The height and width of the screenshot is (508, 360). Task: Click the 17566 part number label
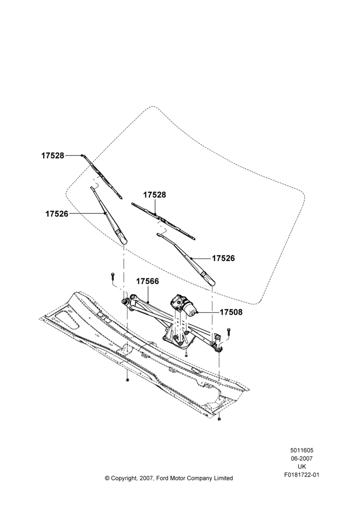click(147, 281)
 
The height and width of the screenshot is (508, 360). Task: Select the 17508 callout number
click(231, 312)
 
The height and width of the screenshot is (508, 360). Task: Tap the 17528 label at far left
click(52, 155)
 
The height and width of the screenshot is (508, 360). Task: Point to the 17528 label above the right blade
click(155, 195)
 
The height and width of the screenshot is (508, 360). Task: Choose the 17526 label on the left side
click(57, 214)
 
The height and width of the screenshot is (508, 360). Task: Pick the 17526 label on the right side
click(223, 258)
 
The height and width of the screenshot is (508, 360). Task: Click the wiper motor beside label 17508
click(183, 304)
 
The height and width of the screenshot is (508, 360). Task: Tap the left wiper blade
click(102, 177)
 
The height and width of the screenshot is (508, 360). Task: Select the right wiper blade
click(163, 221)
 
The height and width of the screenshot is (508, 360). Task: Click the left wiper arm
click(109, 215)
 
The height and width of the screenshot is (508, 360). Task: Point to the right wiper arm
click(186, 259)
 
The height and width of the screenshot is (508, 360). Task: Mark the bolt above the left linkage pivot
click(112, 276)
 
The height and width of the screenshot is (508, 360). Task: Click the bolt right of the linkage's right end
click(229, 331)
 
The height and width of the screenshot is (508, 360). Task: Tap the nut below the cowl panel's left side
click(128, 379)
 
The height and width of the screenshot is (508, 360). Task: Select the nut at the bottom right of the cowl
click(219, 419)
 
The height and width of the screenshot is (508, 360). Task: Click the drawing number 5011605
click(302, 450)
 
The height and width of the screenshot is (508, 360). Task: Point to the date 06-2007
click(302, 458)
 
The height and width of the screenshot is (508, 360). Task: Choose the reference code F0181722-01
click(302, 475)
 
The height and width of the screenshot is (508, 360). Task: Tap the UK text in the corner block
click(302, 467)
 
